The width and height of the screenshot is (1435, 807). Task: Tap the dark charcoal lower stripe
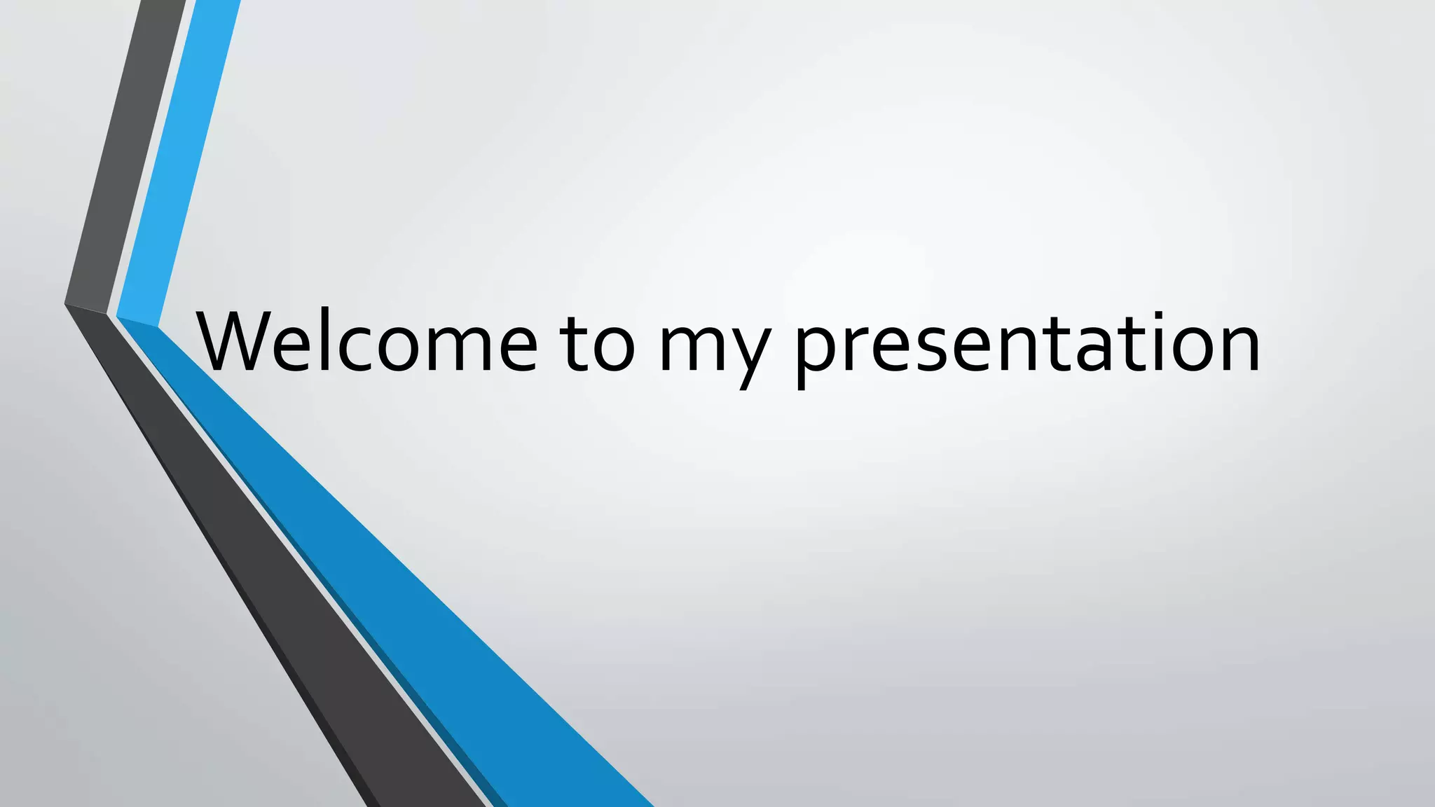(280, 560)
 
